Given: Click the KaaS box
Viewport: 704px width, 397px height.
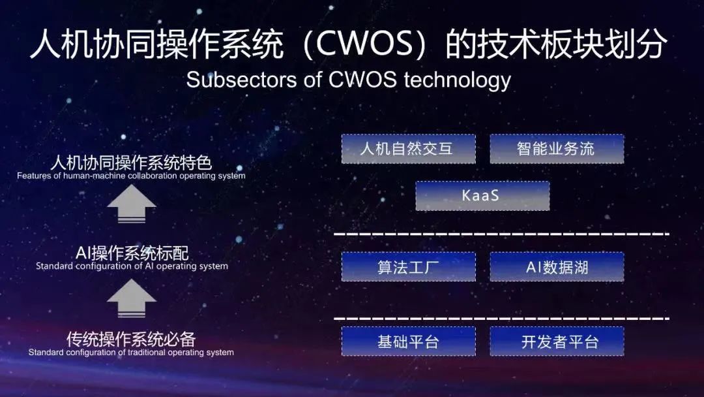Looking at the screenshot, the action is coord(482,196).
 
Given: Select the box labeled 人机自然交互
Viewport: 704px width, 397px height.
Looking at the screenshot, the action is coord(409,149).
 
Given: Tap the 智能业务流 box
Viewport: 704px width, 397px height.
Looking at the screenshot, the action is coord(557,149).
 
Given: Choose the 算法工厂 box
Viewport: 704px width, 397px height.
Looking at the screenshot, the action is coord(409,267).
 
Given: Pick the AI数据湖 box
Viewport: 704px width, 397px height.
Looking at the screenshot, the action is coord(557,267).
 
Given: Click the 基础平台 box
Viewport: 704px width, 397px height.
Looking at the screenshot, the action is coord(409,341).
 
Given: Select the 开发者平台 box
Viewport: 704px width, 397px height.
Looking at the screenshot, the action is coord(557,341).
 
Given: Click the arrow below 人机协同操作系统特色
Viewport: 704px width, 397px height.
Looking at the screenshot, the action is coord(132,204).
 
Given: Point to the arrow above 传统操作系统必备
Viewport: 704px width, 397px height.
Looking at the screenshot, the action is coord(132,298).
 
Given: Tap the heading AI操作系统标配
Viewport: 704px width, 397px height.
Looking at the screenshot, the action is coord(132,253).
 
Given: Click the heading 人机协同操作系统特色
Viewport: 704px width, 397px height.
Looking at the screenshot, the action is coord(131,163).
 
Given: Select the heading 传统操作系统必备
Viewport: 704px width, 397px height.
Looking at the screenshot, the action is coord(131,339).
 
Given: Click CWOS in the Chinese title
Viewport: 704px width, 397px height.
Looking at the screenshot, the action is coord(364,44).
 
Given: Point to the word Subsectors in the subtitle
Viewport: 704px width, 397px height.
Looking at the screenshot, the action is coord(242,80).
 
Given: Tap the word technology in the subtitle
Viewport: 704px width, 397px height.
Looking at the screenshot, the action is coord(457,81).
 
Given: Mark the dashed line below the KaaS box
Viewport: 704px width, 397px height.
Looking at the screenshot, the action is coord(501,234).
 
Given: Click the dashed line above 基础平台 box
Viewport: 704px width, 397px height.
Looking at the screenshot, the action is coord(501,319).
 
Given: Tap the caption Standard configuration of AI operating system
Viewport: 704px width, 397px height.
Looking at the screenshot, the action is coord(132,266).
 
